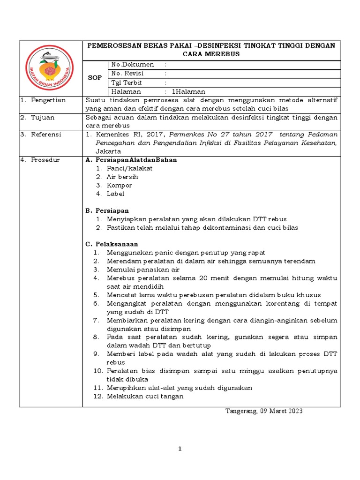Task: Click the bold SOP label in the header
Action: pyautogui.click(x=95, y=78)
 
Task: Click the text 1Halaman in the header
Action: pyautogui.click(x=189, y=91)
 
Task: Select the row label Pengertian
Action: pyautogui.click(x=48, y=100)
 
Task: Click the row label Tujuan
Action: pyautogui.click(x=44, y=118)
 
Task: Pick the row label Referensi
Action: pyautogui.click(x=46, y=135)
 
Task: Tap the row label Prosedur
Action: pyautogui.click(x=46, y=160)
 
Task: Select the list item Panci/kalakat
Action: pyautogui.click(x=129, y=168)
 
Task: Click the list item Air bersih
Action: pyautogui.click(x=122, y=177)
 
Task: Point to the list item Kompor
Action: pyautogui.click(x=119, y=185)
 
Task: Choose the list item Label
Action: pyautogui.click(x=115, y=194)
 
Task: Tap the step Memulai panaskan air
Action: pyautogui.click(x=143, y=270)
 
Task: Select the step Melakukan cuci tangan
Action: pyautogui.click(x=145, y=396)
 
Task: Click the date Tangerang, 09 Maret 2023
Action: pyautogui.click(x=264, y=411)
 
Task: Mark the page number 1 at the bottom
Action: pyautogui.click(x=180, y=449)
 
